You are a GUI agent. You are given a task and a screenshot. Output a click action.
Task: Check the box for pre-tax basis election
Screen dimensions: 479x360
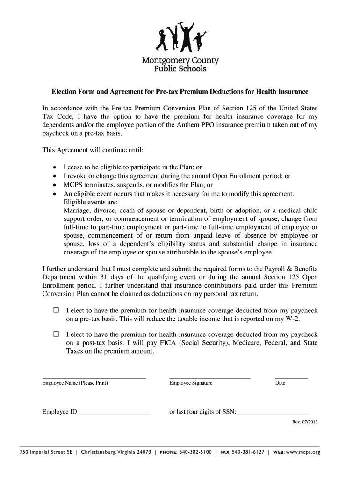point(56,310)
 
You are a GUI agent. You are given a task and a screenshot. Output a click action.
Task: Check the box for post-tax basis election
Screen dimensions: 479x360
point(56,334)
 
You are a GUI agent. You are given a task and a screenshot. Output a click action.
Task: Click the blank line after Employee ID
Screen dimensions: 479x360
point(114,414)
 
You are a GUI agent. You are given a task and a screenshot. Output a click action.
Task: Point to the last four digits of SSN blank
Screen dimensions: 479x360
point(274,414)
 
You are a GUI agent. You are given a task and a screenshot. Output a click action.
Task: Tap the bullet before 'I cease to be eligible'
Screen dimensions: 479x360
point(55,167)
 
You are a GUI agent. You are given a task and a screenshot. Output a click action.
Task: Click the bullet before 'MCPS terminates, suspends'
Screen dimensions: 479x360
point(55,185)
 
